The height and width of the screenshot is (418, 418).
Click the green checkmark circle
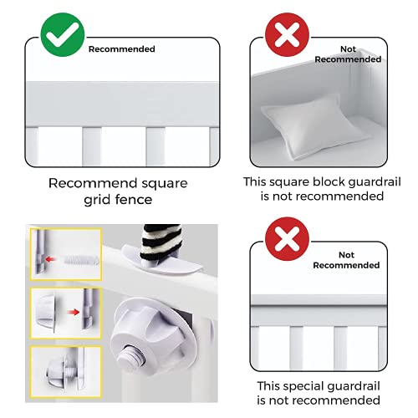(63, 34)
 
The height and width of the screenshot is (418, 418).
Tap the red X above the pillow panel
(287, 34)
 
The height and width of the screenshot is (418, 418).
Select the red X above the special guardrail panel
(287, 239)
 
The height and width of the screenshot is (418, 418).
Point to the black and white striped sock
(161, 242)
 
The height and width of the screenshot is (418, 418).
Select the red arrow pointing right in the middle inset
(74, 312)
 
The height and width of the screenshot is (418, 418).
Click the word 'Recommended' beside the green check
(122, 49)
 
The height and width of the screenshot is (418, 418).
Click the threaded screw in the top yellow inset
(81, 261)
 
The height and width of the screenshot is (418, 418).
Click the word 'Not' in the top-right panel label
(348, 49)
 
